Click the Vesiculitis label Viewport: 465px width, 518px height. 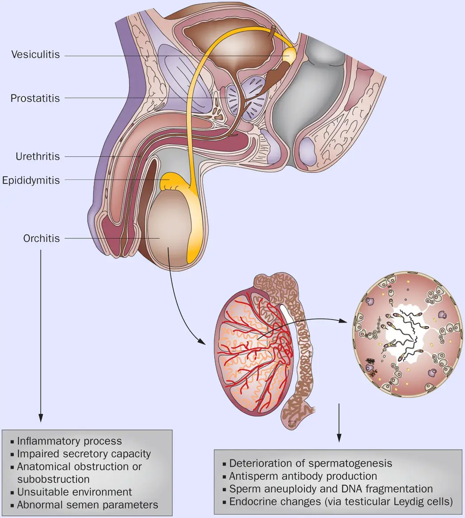pyautogui.click(x=35, y=55)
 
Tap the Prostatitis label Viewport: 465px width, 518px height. pyautogui.click(x=35, y=98)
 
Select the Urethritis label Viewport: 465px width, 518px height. pyautogui.click(x=38, y=156)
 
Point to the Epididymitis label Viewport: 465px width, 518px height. pyautogui.click(x=31, y=180)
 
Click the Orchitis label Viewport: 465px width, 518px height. pyautogui.click(x=41, y=238)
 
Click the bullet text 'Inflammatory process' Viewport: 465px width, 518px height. pyautogui.click(x=69, y=441)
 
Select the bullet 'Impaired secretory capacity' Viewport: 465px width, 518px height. pyautogui.click(x=84, y=454)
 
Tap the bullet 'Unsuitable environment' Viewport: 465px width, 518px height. pyautogui.click(x=74, y=492)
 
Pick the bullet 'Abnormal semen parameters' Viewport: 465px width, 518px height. pyautogui.click(x=87, y=505)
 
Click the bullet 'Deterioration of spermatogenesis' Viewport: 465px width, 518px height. pyautogui.click(x=310, y=463)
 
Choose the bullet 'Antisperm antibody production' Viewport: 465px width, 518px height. pyautogui.click(x=303, y=476)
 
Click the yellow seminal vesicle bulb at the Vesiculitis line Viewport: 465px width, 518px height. pyautogui.click(x=290, y=55)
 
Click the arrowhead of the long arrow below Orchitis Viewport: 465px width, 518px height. pyautogui.click(x=41, y=418)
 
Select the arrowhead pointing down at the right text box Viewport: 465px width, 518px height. pyautogui.click(x=339, y=438)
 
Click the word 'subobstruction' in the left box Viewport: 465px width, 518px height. pyautogui.click(x=53, y=479)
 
